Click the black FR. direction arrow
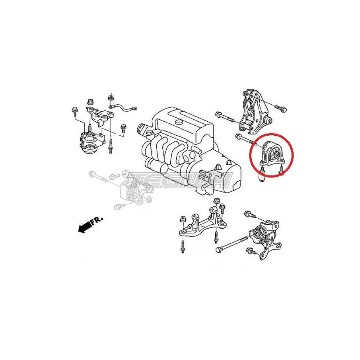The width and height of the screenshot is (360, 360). (x=85, y=227)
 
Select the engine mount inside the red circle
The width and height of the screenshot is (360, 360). (x=272, y=154)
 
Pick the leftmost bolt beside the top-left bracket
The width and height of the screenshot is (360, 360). (x=75, y=112)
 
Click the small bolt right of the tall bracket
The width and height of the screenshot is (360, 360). (x=280, y=109)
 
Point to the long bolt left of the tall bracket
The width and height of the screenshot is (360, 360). (x=225, y=117)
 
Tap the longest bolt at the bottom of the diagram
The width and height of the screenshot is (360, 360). (x=232, y=244)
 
